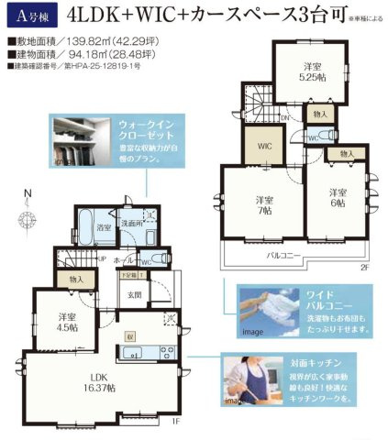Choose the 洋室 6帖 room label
[338, 197]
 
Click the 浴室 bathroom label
[105, 225]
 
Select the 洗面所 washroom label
[135, 223]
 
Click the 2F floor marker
[365, 269]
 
